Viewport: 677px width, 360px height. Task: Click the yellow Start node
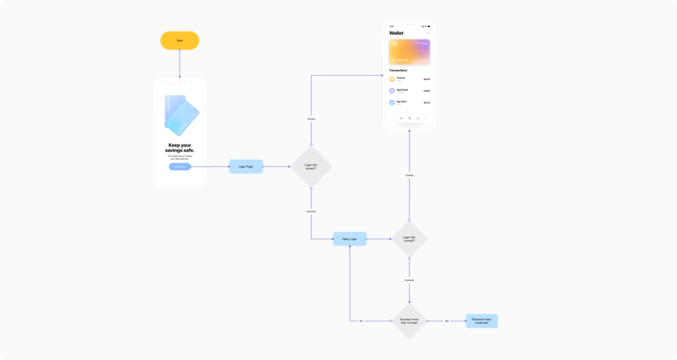[x=179, y=40]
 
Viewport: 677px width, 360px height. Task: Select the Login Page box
[x=246, y=166]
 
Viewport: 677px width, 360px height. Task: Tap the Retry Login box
[x=349, y=239]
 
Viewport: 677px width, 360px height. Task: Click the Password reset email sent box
[x=481, y=321]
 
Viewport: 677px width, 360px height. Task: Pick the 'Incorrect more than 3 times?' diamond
[x=409, y=321]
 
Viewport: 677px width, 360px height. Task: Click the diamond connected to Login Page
[x=311, y=167]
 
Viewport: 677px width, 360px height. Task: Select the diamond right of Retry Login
[x=409, y=239]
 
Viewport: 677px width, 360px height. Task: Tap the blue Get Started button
[x=179, y=166]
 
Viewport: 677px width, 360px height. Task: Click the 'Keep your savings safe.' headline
[x=179, y=147]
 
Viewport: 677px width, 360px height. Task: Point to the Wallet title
[x=396, y=33]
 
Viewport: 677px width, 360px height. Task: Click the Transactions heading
[x=398, y=70]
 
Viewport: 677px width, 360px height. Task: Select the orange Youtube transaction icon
[x=392, y=79]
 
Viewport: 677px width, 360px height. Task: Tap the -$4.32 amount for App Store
[x=426, y=102]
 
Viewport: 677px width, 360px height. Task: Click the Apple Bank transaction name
[x=402, y=89]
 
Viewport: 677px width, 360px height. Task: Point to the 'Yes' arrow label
[x=447, y=321]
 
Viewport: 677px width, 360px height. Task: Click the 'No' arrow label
[x=360, y=321]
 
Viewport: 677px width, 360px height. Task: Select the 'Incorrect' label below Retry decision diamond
[x=409, y=280]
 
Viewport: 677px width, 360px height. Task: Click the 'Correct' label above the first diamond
[x=311, y=119]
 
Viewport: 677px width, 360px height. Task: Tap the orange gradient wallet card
[x=409, y=52]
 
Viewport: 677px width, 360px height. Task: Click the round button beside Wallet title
[x=427, y=33]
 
